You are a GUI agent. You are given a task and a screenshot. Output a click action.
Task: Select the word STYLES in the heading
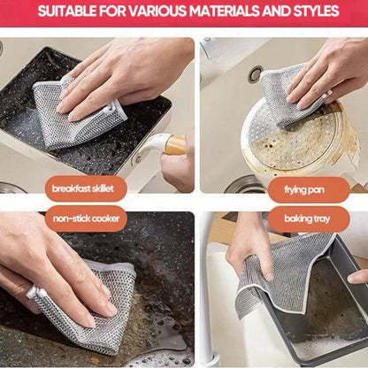pyautogui.click(x=313, y=12)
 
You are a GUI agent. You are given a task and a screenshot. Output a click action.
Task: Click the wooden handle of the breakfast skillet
pyautogui.click(x=174, y=144)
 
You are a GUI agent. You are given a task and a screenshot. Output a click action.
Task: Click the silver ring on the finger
pyautogui.click(x=32, y=293)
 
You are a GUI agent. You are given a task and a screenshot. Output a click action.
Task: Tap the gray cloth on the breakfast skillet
pyautogui.click(x=75, y=115)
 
